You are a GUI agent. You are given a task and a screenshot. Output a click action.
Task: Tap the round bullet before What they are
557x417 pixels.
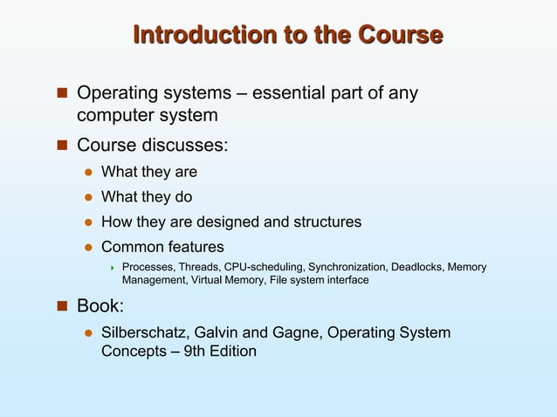(87, 173)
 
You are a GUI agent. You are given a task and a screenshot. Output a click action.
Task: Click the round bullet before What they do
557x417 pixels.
(87, 198)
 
